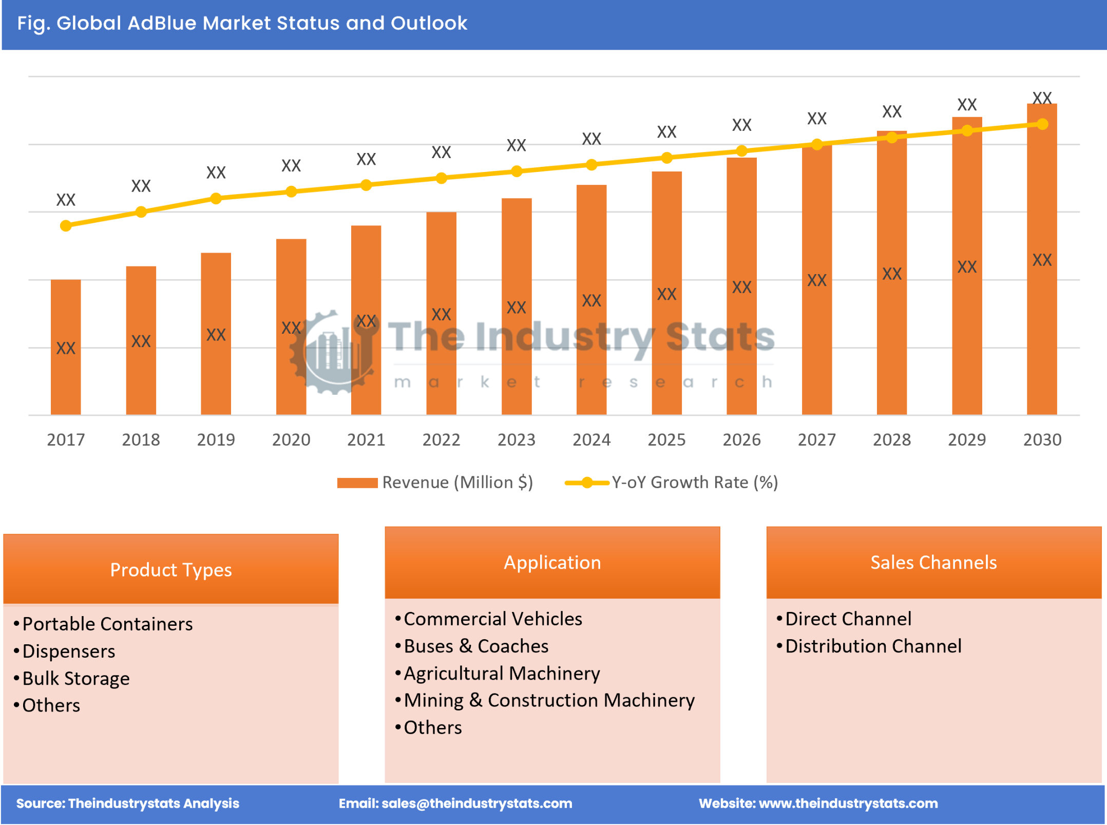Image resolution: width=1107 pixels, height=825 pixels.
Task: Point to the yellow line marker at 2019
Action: point(216,199)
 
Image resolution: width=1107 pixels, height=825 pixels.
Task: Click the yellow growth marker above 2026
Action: point(741,151)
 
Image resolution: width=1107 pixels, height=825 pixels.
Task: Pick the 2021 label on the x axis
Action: point(366,440)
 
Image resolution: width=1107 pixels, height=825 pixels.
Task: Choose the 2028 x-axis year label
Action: point(892,440)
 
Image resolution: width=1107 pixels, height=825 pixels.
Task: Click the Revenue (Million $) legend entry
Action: point(457,483)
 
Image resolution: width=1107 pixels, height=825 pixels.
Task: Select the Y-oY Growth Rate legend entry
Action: point(694,483)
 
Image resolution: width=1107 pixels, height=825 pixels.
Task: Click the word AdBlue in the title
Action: point(162,24)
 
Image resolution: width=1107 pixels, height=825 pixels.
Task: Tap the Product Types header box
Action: point(171,570)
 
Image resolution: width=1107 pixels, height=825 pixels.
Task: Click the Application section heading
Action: point(552,563)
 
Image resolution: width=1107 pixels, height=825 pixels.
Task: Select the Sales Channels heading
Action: point(933,563)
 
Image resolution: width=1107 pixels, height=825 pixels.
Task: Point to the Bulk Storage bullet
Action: point(76,679)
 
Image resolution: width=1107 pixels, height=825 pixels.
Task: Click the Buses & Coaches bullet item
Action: point(476,646)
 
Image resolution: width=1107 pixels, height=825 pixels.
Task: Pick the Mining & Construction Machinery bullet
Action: point(549,701)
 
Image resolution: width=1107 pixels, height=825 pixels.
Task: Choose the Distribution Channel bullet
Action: point(873,646)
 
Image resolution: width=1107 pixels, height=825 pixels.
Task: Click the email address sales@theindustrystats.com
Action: point(476,803)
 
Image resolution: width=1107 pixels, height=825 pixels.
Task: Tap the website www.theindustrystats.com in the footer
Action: point(848,803)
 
